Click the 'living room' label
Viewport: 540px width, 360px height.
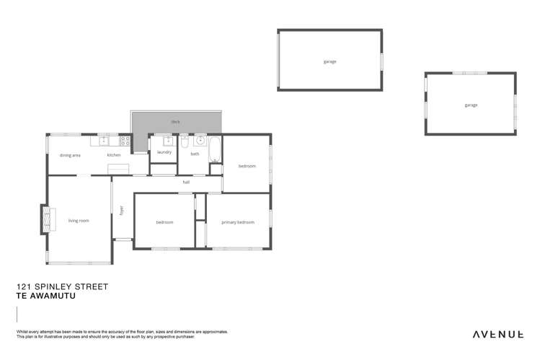coord(79,220)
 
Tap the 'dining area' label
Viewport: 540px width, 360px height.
coord(70,155)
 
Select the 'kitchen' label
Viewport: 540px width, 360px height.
coord(114,155)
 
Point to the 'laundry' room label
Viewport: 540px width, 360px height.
coord(164,152)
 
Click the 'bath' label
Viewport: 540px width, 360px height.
coord(195,154)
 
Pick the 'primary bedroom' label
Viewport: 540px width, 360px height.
coord(238,222)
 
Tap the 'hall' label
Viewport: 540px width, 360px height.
coord(186,183)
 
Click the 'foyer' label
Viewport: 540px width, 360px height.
coord(122,211)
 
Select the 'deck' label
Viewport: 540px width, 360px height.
coord(175,122)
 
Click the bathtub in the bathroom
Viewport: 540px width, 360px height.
coord(214,149)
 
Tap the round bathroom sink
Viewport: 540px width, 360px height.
coord(200,141)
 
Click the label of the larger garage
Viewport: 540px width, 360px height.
coord(329,61)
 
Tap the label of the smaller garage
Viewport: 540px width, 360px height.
coord(470,105)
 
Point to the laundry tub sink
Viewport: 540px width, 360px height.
coord(168,141)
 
